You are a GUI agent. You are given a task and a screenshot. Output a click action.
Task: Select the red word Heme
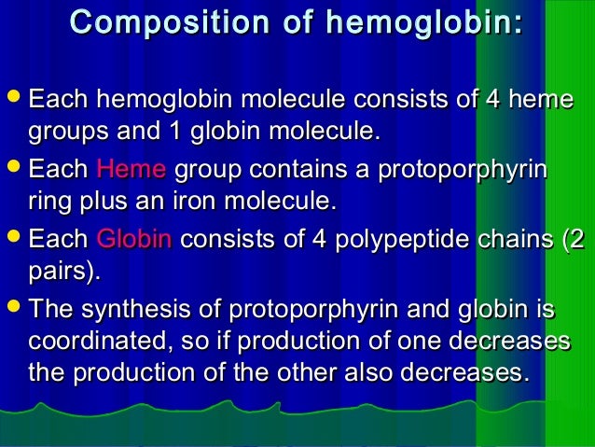(x=131, y=170)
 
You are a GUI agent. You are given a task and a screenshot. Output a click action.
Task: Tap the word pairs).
(x=62, y=271)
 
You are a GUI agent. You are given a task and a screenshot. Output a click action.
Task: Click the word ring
(x=48, y=201)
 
